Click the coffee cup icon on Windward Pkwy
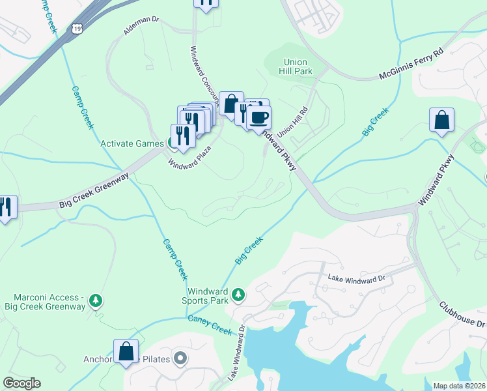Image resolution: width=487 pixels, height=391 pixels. (x=258, y=118)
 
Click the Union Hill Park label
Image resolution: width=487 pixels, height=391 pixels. (x=295, y=66)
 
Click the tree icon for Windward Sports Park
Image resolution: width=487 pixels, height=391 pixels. (x=238, y=295)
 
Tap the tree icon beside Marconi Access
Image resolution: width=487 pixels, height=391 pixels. (x=96, y=300)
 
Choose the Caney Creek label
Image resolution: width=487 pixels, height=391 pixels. (x=210, y=324)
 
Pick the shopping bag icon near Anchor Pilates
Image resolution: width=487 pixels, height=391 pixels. (x=126, y=351)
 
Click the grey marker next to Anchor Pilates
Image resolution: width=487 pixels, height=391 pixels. (x=180, y=358)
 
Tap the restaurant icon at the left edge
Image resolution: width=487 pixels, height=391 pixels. (x=7, y=207)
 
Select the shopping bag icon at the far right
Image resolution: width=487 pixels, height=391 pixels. (x=441, y=120)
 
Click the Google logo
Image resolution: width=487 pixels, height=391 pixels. (x=21, y=383)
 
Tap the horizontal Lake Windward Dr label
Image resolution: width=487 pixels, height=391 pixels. (x=357, y=277)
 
